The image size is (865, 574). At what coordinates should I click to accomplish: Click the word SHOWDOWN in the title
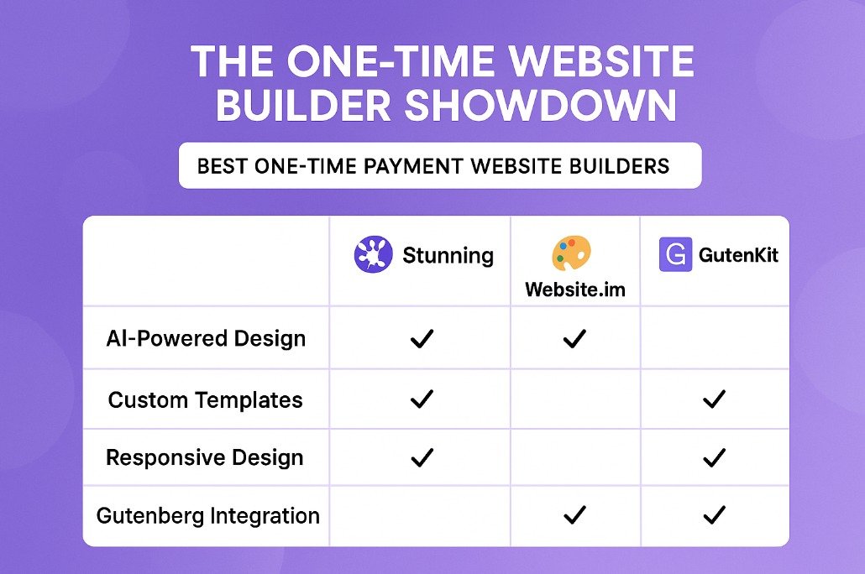540,105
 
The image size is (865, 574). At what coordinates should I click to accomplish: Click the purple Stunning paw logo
374,254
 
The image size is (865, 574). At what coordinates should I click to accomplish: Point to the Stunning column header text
448,255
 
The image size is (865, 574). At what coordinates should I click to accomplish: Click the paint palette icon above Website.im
572,253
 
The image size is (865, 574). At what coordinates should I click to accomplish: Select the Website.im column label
575,290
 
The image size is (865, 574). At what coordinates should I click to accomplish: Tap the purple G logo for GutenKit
675,254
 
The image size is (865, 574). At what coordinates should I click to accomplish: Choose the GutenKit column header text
739,255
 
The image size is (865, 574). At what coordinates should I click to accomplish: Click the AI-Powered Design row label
206,338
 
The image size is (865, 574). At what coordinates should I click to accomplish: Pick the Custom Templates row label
205,399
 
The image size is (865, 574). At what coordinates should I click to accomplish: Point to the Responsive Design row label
205,457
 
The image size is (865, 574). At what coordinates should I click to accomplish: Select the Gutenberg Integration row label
208,516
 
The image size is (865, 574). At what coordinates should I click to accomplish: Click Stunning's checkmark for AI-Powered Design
422,338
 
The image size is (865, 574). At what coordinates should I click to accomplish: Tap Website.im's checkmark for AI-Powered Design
574,338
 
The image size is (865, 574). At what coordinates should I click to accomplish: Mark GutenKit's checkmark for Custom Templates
714,399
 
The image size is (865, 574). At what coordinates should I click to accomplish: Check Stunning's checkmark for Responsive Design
422,457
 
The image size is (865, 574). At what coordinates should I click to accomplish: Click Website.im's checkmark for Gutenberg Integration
574,515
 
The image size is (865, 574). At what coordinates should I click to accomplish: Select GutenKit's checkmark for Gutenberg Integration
714,515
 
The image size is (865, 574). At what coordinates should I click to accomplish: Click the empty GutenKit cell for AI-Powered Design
715,338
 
